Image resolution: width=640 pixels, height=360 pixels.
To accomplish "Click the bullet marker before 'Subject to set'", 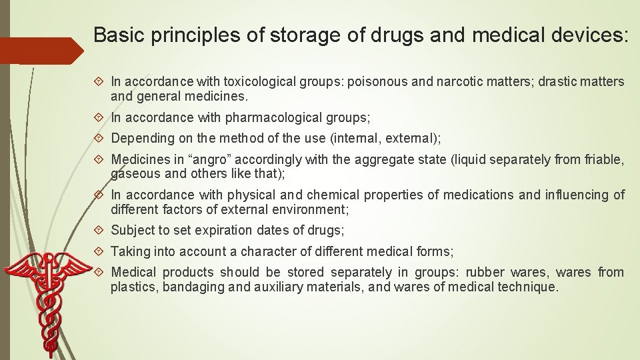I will [x=101, y=231].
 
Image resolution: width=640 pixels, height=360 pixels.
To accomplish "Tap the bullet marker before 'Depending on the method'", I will [x=101, y=139].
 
